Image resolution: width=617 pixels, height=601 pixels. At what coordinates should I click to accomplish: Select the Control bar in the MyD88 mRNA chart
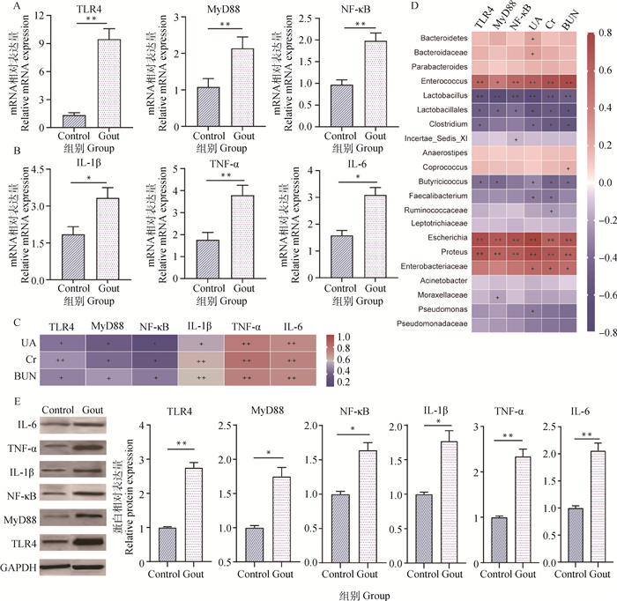click(208, 107)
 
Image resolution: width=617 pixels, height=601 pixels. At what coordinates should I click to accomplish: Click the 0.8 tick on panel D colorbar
click(607, 34)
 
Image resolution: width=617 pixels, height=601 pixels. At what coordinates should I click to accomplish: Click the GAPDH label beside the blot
click(19, 568)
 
